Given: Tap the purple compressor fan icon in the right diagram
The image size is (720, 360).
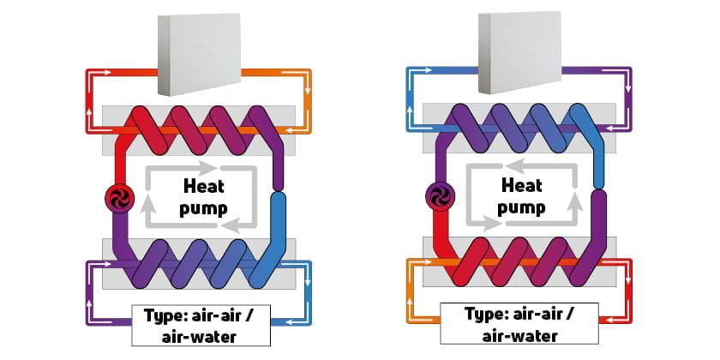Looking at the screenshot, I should click(x=437, y=198).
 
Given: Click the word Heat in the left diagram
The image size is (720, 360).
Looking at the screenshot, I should click(x=205, y=185).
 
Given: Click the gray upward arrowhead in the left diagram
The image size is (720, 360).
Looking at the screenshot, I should click(x=148, y=205).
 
